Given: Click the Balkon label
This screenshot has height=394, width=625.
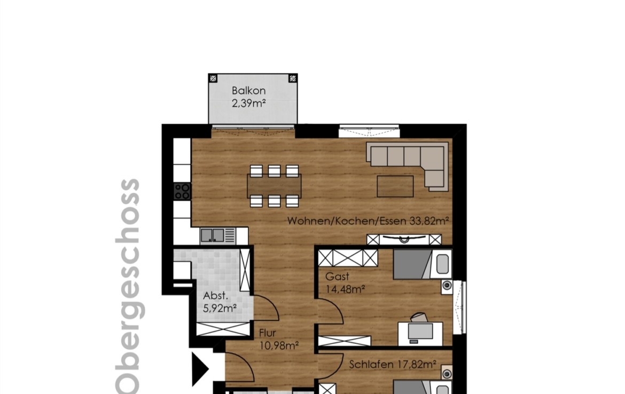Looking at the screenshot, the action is (x=249, y=90).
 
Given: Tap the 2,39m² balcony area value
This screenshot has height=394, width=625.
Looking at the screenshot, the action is (x=249, y=104).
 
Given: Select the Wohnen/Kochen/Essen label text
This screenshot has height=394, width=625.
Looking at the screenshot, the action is (x=347, y=220).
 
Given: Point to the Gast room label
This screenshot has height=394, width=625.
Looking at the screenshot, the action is (x=337, y=276).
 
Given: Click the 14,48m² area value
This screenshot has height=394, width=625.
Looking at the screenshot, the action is (x=345, y=289).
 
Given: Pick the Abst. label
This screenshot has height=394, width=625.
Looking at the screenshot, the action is (x=215, y=296).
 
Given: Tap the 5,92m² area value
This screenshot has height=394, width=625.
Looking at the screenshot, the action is (x=220, y=309).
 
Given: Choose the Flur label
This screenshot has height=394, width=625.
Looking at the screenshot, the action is (x=268, y=333).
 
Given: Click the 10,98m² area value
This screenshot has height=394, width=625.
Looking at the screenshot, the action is (x=279, y=345).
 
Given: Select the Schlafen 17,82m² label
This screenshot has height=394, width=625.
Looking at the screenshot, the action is (x=393, y=364).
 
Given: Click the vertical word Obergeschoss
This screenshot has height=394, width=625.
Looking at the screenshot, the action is (x=128, y=286).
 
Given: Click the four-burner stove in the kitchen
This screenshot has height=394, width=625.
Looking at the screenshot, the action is (x=183, y=191).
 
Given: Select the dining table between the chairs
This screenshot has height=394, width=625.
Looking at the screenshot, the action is (x=274, y=186).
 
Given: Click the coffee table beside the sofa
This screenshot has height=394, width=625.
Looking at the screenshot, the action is (x=395, y=186).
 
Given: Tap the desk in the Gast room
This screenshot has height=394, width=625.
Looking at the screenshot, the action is (x=420, y=334).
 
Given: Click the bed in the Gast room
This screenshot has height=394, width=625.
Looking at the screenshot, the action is (x=423, y=264).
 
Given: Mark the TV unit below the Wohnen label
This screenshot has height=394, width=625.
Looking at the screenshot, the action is (x=404, y=239).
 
